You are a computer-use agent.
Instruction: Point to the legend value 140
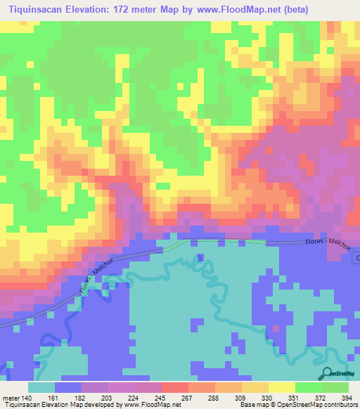click(27, 398)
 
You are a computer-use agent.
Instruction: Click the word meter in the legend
click(9, 398)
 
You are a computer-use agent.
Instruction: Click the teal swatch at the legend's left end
click(41, 387)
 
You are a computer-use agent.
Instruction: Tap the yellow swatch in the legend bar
click(282, 387)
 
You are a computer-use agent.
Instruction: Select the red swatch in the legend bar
click(175, 387)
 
